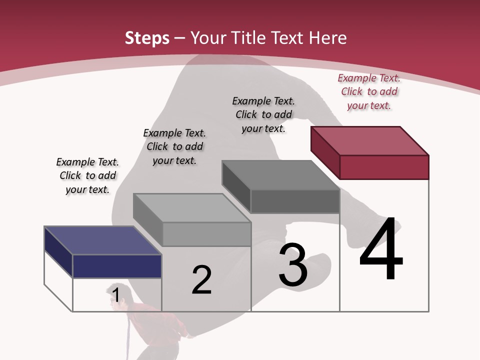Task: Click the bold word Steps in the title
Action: coord(147,38)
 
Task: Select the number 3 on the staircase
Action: coord(293,265)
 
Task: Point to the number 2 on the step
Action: coord(201,280)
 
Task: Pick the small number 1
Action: coord(116,295)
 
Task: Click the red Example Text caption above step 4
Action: coord(369,92)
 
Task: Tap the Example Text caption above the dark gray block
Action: coord(263,114)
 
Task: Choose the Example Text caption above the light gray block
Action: coord(174,146)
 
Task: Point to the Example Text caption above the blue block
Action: coord(87,175)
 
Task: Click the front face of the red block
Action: coord(384,167)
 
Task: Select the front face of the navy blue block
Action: coord(117,266)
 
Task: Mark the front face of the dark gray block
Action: coord(295,201)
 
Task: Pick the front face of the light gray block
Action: coord(206,234)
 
